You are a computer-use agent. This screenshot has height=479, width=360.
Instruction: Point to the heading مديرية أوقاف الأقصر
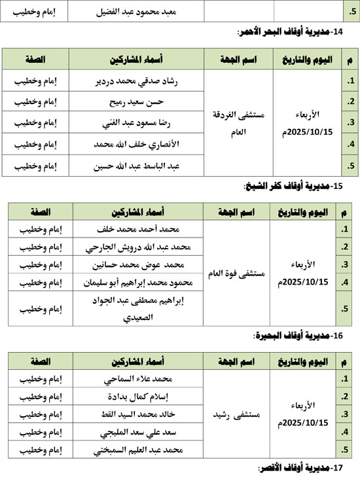point(301,469)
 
